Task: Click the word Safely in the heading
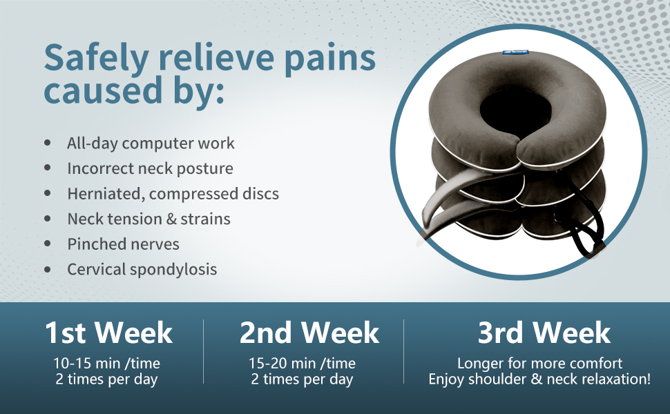[x=97, y=59]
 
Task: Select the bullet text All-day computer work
[x=151, y=144]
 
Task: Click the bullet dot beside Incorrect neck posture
[x=48, y=168]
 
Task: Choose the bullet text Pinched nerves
[x=123, y=244]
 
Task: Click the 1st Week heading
[x=108, y=333]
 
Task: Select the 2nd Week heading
[x=309, y=333]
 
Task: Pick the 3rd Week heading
[x=544, y=333]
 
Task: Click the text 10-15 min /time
[x=107, y=363]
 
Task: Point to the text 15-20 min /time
[x=302, y=363]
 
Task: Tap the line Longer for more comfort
[x=539, y=363]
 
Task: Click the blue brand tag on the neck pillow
[x=516, y=52]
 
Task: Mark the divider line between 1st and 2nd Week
[x=203, y=351]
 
